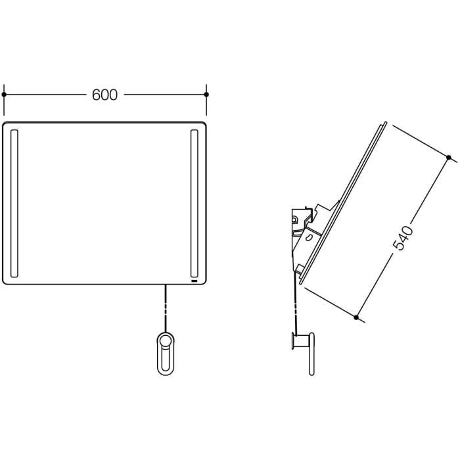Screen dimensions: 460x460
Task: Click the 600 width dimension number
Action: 104,95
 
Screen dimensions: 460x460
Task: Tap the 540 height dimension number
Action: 402,238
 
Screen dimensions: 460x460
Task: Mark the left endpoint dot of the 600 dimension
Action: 4,95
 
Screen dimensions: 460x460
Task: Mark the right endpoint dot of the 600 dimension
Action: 206,95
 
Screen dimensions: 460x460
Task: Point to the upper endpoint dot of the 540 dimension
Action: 449,158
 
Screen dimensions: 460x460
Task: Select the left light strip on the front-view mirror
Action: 14,203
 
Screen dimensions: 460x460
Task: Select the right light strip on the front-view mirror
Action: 195,203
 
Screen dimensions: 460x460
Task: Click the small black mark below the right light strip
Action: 195,281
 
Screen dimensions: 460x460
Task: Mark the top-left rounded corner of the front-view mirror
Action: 7,126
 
